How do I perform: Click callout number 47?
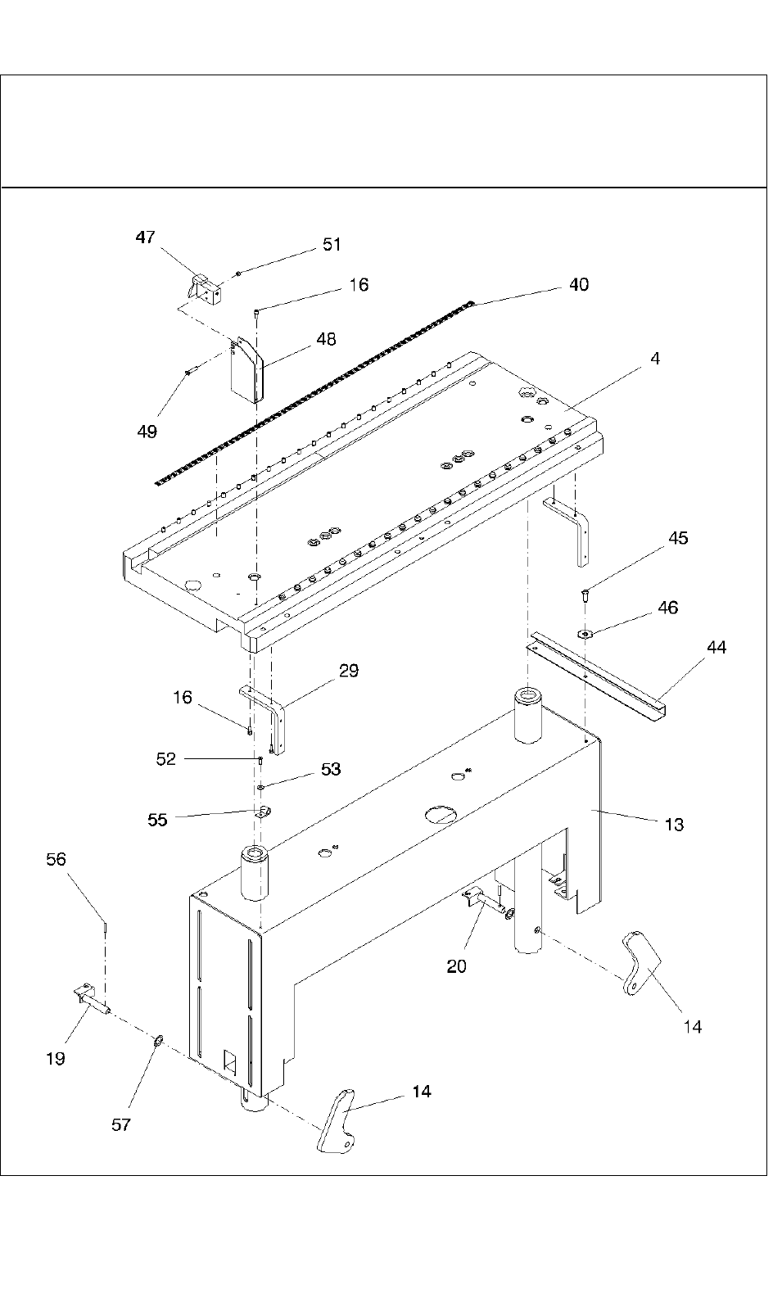tap(145, 237)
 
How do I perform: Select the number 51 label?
tap(332, 245)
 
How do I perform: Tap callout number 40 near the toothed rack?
tap(579, 285)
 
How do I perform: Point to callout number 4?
tap(655, 358)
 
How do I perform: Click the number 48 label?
tap(326, 339)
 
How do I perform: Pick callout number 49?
tap(147, 432)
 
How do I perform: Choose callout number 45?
tap(678, 538)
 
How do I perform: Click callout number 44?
tap(716, 647)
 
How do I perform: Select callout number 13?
tap(674, 825)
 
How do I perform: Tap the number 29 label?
tap(349, 671)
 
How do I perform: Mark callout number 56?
tap(57, 859)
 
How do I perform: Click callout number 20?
tap(456, 966)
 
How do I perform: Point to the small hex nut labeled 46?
tap(585, 633)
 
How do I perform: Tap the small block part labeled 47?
tap(204, 291)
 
